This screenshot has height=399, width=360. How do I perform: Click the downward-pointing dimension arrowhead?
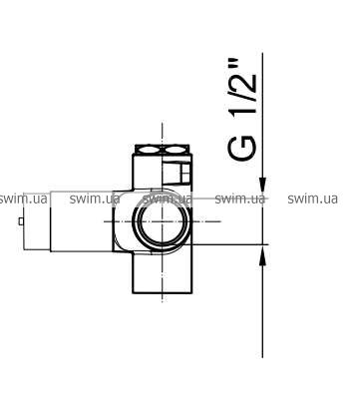click(x=262, y=185)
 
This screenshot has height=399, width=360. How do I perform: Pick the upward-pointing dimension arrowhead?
click(x=262, y=257)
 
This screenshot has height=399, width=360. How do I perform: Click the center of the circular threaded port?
click(x=162, y=221)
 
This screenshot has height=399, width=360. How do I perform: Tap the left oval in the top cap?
click(x=148, y=150)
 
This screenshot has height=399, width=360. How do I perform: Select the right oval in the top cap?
click(x=177, y=150)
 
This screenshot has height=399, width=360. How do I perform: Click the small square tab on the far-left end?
click(x=21, y=221)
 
